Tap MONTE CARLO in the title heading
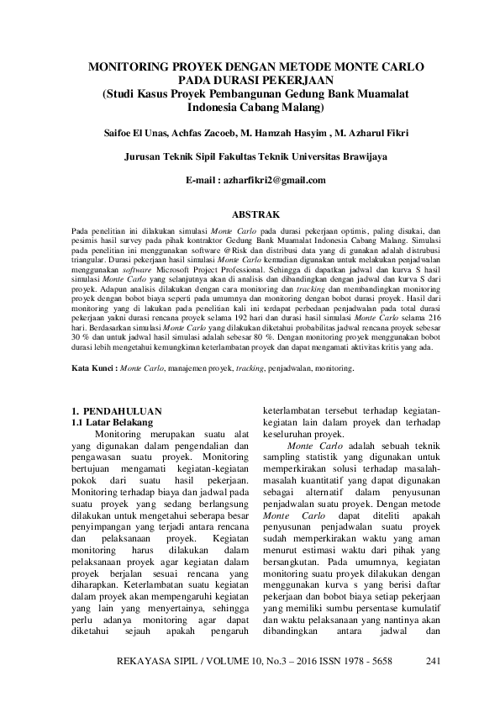click(382, 66)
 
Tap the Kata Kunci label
click(92, 368)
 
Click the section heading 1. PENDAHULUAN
click(118, 409)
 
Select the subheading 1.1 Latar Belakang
click(115, 420)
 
